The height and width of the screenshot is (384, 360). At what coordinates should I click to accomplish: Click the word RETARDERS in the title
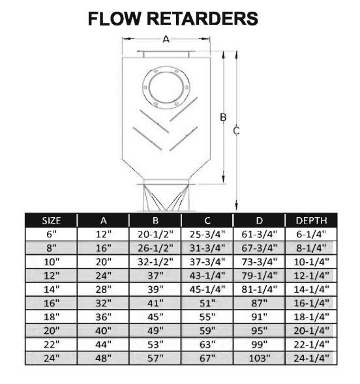pos(202,19)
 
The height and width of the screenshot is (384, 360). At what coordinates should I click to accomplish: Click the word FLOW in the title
pos(115,19)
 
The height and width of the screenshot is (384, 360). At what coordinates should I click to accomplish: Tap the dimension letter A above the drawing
pos(166,39)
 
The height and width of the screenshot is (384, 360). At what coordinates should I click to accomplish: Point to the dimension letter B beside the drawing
pos(223,117)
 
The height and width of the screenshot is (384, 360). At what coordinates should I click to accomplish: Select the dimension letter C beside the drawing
pos(236,131)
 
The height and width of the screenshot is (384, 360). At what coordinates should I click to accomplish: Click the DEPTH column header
pos(311,220)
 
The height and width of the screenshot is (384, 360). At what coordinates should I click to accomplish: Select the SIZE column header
pos(51,220)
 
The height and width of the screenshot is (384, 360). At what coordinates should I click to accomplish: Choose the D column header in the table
pos(259,220)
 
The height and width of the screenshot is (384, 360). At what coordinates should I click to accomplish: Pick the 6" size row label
pos(51,234)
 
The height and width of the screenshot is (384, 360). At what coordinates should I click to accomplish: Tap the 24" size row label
pos(52,359)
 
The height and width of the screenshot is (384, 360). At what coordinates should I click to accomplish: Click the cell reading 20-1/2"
pos(155,234)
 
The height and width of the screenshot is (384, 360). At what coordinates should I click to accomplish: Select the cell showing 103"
pos(260,359)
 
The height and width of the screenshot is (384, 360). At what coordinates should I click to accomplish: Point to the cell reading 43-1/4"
pos(207,276)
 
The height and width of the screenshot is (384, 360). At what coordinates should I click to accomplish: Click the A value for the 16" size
pos(103,303)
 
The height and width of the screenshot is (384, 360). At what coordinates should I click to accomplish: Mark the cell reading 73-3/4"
pos(260,262)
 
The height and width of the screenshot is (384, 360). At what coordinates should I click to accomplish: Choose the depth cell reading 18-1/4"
pos(311,317)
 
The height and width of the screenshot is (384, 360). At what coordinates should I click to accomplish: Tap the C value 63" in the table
pos(207,345)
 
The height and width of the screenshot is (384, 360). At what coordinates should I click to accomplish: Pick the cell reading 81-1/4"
pos(260,289)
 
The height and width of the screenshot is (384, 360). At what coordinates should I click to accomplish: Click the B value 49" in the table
pos(155,331)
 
